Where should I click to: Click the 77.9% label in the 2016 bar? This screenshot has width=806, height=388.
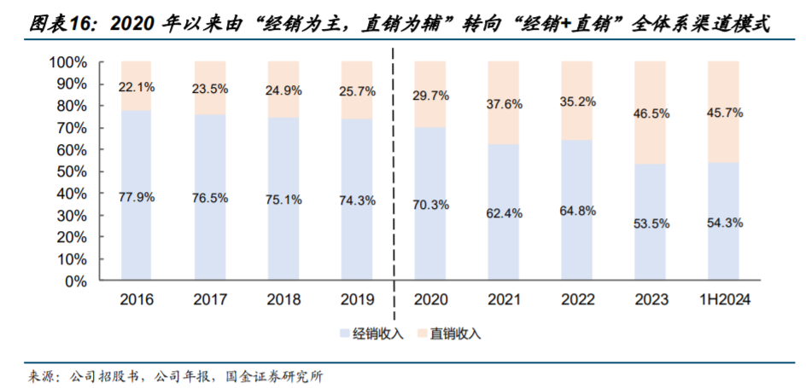coord(137,197)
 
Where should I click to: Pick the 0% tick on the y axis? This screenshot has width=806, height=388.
coord(75,281)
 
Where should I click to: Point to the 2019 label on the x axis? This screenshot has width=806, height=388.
coord(357,299)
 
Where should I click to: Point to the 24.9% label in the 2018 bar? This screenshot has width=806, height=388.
coord(284,90)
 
